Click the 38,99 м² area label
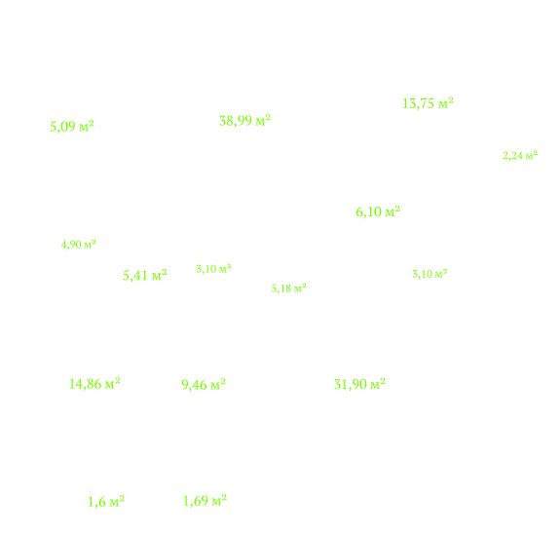click(244, 121)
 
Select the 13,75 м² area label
click(428, 103)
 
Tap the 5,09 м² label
click(72, 127)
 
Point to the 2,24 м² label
click(520, 156)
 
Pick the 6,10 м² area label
click(378, 211)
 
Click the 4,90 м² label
click(79, 245)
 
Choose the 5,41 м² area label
click(145, 276)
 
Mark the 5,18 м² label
click(289, 288)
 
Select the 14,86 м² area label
click(94, 384)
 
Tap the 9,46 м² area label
click(204, 385)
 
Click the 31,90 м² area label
click(359, 384)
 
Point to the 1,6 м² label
click(106, 502)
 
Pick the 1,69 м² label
click(205, 501)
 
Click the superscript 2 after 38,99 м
click(268, 117)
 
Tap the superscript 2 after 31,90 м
click(383, 380)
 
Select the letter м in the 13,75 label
click(443, 104)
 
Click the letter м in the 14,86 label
click(109, 385)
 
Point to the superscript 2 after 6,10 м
click(397, 208)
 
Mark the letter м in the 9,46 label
click(215, 386)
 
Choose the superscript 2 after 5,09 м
click(92, 123)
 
